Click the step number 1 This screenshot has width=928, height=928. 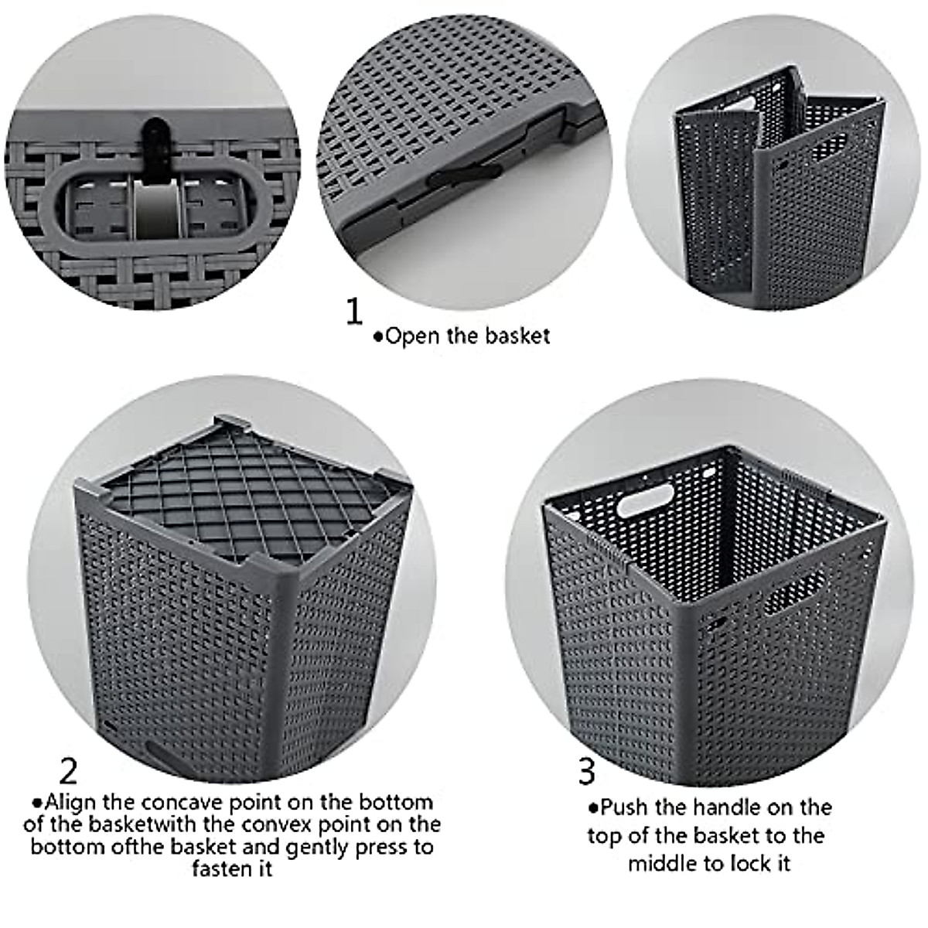tap(353, 312)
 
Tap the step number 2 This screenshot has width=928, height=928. tap(69, 770)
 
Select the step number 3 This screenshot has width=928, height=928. tap(587, 770)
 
